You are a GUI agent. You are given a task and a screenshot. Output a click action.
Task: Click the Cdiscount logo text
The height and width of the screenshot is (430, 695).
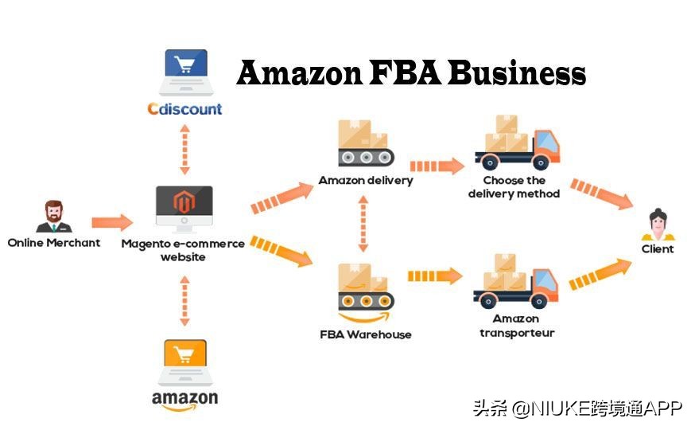point(184,108)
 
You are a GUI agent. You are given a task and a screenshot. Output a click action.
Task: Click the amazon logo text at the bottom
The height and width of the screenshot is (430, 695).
point(184,398)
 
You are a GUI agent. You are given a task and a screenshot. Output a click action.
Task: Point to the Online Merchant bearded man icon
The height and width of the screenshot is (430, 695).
point(54,216)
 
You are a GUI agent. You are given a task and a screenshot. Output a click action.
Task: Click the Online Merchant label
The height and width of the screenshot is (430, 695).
point(54,242)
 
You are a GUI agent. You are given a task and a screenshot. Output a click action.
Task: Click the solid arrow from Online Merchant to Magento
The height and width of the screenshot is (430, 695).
point(112,222)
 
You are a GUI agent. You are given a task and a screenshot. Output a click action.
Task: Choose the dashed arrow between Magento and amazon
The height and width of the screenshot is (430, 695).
point(184,300)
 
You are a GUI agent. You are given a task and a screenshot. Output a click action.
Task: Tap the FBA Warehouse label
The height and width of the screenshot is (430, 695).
point(366,334)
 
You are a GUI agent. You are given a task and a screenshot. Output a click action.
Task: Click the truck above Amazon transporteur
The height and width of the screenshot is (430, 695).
point(516,283)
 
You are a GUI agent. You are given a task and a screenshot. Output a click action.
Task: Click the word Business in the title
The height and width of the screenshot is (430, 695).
point(517,73)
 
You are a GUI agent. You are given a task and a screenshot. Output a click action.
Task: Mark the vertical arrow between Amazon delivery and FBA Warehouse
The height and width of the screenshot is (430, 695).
point(363,224)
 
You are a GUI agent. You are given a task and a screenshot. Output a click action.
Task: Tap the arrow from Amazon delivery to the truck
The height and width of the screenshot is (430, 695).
point(437,166)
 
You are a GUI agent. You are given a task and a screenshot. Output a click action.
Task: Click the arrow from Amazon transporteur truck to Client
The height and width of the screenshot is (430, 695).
point(600,274)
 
